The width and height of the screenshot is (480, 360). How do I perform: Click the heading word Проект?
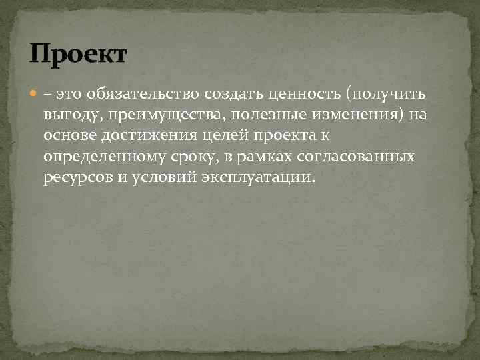tap(77, 53)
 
